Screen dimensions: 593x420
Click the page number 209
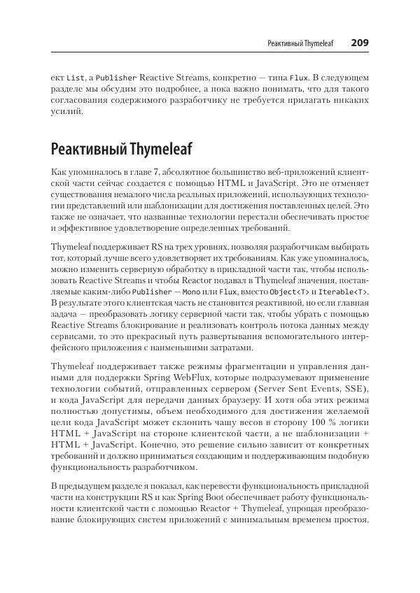[x=360, y=43]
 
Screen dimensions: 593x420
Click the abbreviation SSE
[x=354, y=389]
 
